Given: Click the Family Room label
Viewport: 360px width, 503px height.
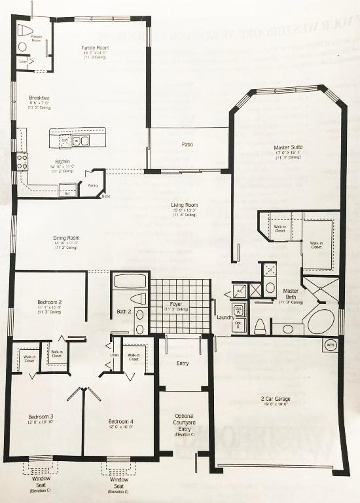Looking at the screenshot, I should pyautogui.click(x=95, y=48).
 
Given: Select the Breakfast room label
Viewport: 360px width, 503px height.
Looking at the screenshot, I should pyautogui.click(x=39, y=98).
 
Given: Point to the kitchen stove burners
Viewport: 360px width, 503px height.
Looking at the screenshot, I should pyautogui.click(x=22, y=161).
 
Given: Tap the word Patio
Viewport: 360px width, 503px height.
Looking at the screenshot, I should pyautogui.click(x=188, y=144).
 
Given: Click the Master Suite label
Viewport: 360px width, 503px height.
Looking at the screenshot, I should pyautogui.click(x=288, y=148).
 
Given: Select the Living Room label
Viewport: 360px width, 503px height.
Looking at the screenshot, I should pyautogui.click(x=185, y=205).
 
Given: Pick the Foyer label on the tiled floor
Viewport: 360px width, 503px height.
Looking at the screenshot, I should pyautogui.click(x=177, y=304).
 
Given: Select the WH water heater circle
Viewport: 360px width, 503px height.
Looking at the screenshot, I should pyautogui.click(x=330, y=345).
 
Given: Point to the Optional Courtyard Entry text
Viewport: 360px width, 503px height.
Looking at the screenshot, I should pyautogui.click(x=184, y=423).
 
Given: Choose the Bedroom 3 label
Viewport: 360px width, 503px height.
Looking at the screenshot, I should pyautogui.click(x=41, y=417).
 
